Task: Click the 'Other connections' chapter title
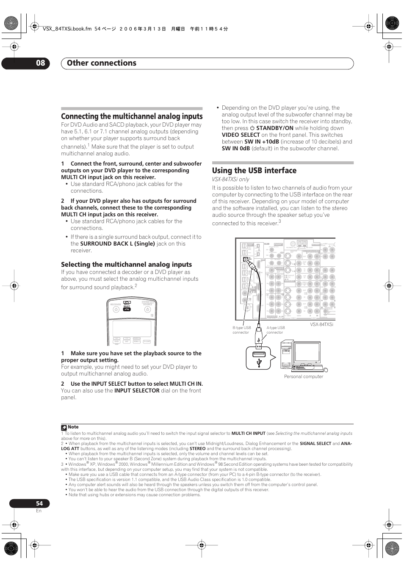[x=102, y=63]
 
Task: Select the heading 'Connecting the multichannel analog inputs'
[x=132, y=116]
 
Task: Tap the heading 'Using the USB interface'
[x=254, y=171]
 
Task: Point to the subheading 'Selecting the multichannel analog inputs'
[x=126, y=265]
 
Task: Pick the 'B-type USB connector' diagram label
[x=241, y=330]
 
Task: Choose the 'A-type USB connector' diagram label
[x=275, y=330]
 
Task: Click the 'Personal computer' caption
[x=303, y=376]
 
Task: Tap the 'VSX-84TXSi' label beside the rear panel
[x=321, y=324]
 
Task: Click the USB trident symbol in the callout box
[x=259, y=362]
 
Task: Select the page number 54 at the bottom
[x=39, y=503]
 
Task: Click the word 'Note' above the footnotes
[x=73, y=427]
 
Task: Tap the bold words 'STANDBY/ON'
[x=274, y=128]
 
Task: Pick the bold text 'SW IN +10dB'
[x=261, y=142]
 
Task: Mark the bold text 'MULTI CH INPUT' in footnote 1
[x=248, y=434]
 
